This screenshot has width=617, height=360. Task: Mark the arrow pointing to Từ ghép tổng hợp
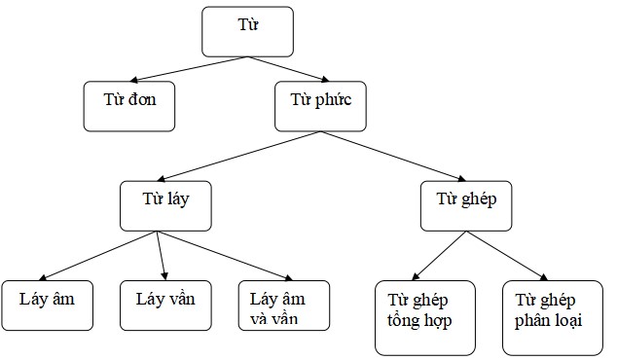pos(445,256)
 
